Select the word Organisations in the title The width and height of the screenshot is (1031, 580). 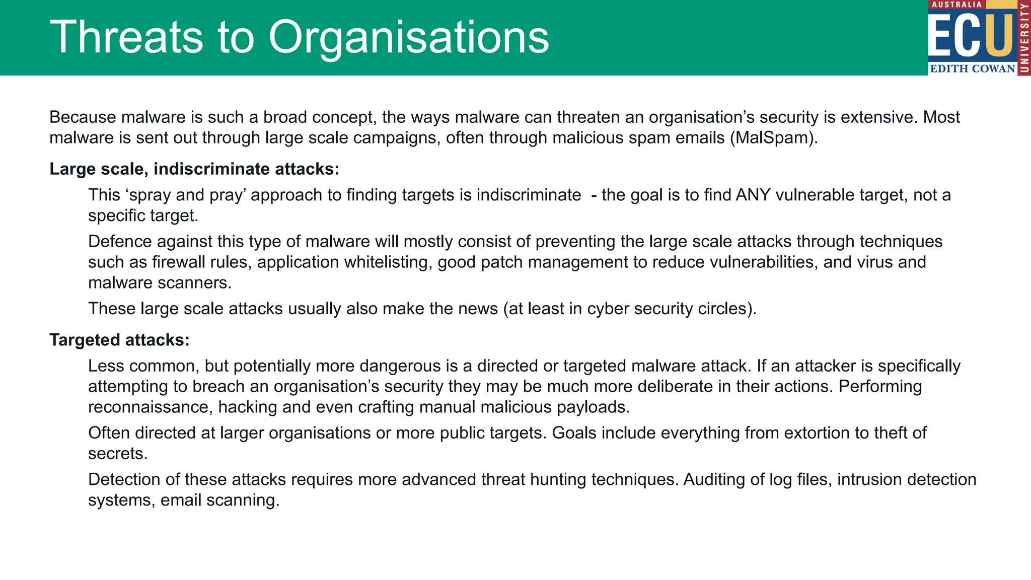408,37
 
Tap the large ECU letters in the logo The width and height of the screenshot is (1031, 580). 971,36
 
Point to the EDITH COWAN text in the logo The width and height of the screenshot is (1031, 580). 972,69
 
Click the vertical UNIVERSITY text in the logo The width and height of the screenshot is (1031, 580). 1024,38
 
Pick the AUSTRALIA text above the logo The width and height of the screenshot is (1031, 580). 956,5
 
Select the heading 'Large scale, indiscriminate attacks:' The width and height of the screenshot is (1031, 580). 194,169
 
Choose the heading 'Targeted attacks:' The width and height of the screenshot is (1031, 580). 119,340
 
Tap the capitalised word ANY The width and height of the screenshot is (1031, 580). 753,195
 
